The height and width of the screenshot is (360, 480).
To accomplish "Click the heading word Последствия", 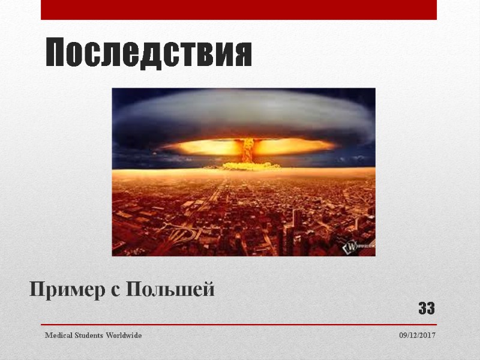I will click(149, 54).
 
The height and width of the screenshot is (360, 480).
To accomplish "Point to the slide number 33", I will click(427, 309).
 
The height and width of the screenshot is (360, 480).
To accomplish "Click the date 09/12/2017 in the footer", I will click(418, 335).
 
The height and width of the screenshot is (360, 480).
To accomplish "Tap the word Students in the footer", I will click(88, 335).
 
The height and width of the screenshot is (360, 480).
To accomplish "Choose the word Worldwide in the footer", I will click(123, 335).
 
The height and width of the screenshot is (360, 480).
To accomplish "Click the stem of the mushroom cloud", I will click(247, 150).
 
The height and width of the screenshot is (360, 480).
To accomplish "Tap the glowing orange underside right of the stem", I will click(294, 146).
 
